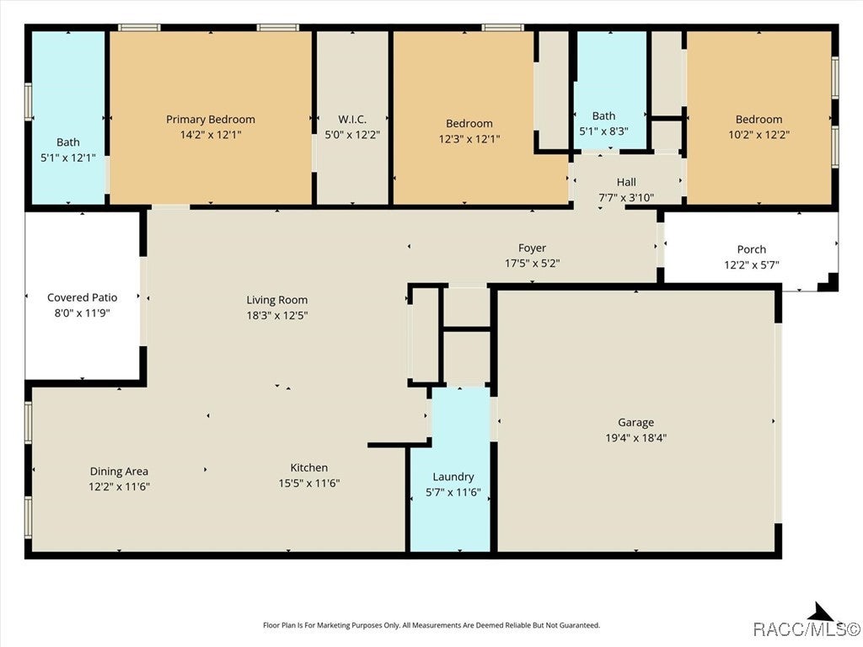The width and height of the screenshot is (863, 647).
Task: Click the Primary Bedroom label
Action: click(211, 119)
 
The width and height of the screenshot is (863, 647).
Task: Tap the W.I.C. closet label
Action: click(352, 119)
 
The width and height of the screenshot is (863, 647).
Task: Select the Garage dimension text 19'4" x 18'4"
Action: click(636, 437)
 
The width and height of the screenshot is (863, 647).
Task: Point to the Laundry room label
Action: click(453, 477)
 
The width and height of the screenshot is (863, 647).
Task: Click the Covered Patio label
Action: click(82, 297)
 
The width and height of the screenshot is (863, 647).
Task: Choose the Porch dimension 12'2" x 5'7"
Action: click(751, 265)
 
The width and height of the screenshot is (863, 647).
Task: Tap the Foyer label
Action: click(533, 249)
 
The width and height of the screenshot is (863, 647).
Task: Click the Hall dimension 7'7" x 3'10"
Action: click(626, 197)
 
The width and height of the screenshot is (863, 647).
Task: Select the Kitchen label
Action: click(308, 468)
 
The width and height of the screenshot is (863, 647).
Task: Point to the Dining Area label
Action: click(119, 472)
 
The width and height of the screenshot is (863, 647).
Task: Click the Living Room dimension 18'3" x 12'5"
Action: click(276, 315)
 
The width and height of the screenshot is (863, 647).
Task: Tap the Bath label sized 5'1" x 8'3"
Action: click(603, 116)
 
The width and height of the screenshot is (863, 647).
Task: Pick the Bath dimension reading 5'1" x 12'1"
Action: click(68, 158)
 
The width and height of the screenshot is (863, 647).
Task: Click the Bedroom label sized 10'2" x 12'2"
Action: click(759, 119)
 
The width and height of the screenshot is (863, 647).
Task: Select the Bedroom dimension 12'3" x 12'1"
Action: click(469, 139)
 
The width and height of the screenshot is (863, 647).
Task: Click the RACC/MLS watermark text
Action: click(807, 628)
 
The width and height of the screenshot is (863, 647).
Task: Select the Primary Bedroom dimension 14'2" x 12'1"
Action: click(211, 134)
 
